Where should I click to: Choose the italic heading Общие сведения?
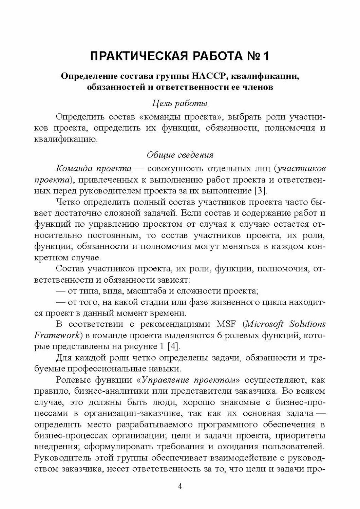180,155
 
